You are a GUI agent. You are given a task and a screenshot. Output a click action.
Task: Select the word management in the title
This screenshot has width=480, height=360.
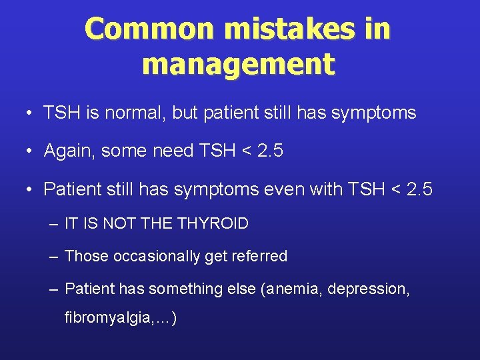click(x=238, y=65)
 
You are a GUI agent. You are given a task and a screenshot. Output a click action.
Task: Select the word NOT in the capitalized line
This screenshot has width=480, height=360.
click(x=119, y=223)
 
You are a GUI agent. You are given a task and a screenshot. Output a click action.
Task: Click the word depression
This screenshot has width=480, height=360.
click(x=372, y=289)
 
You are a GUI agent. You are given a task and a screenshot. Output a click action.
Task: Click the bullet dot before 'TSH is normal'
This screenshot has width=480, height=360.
click(x=31, y=113)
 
